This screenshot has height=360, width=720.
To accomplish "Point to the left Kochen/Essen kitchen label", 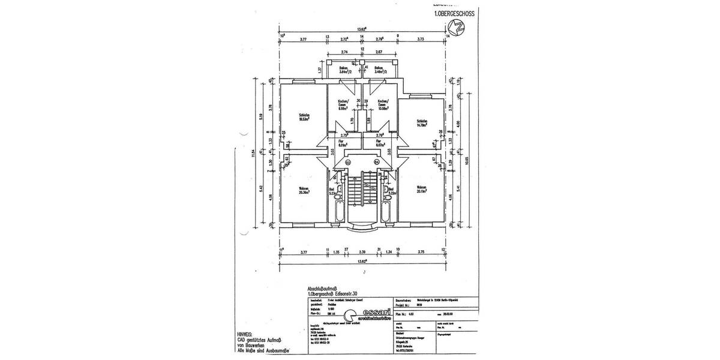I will (x=343, y=106).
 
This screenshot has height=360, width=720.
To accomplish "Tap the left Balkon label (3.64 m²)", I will (x=343, y=70).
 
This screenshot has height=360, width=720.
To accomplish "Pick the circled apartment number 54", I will (x=377, y=161).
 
